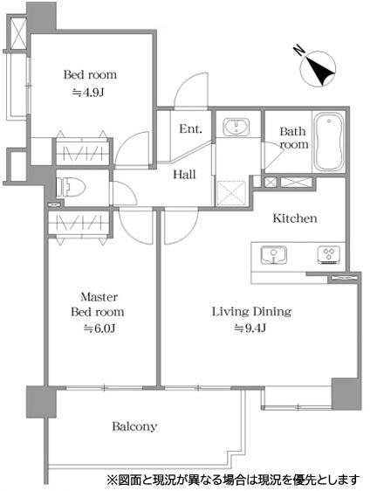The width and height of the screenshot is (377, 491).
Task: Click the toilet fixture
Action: [71, 187]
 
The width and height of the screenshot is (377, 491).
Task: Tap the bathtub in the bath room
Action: [329, 142]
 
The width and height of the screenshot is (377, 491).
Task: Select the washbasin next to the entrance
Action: [236, 127]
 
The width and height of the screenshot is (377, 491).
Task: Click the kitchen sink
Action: [274, 254]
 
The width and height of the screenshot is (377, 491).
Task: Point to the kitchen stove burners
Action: [329, 254]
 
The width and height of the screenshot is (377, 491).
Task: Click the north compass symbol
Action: [318, 68]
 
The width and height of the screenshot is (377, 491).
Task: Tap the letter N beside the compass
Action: [299, 51]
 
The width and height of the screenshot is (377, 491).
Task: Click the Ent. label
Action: [190, 128]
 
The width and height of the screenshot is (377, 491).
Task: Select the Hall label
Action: [185, 175]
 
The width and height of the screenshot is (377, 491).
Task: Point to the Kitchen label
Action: [295, 218]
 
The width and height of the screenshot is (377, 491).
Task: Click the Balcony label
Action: [134, 426]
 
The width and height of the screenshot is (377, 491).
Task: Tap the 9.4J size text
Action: [250, 328]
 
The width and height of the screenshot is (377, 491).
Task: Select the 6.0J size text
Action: [99, 328]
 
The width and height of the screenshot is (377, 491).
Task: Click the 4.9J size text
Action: [88, 93]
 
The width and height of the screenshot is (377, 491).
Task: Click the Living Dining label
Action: [251, 312]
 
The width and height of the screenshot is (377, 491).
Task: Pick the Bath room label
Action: [293, 138]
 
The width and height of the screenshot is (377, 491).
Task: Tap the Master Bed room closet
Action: [79, 224]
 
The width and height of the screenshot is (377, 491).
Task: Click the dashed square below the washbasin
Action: [231, 194]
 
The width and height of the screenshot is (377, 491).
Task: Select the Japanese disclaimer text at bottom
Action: [233, 479]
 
